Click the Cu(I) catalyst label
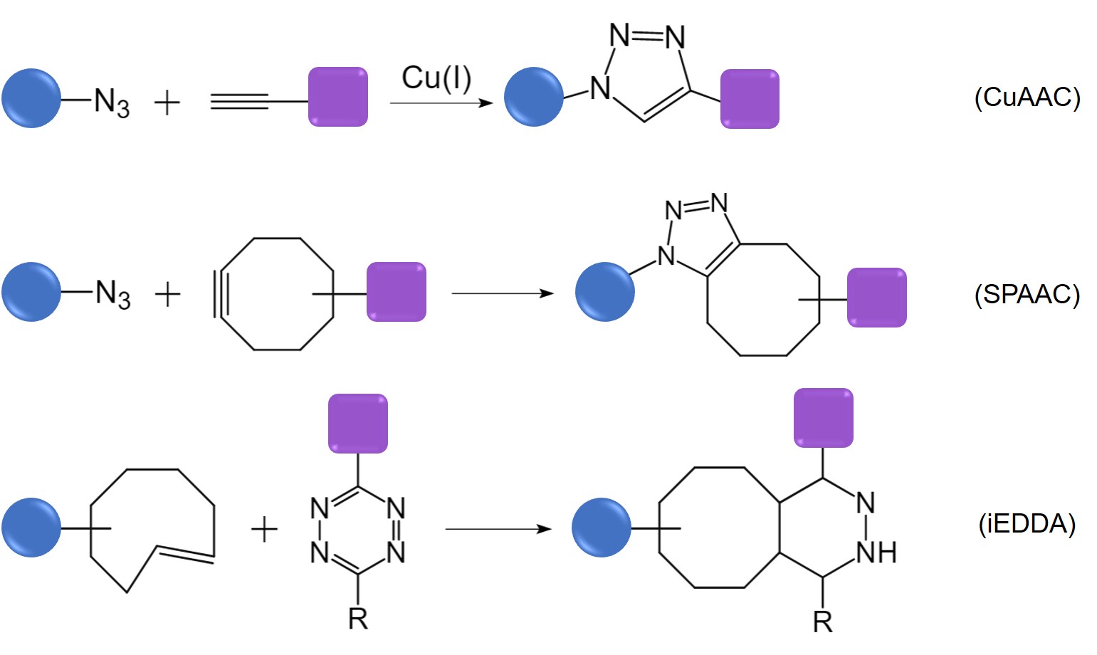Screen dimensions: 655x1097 tap(436, 78)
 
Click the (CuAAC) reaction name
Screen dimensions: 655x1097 tap(1027, 97)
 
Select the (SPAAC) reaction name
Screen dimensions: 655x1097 tap(1027, 294)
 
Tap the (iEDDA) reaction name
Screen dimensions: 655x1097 tap(1027, 524)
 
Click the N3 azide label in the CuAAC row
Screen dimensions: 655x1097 tap(112, 103)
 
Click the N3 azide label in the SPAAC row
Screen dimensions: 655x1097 tap(112, 293)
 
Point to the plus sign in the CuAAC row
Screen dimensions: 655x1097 tap(167, 103)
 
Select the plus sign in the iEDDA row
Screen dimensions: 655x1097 tap(264, 530)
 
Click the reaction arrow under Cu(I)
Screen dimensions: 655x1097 tap(441, 103)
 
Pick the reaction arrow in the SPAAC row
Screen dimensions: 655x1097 tap(502, 293)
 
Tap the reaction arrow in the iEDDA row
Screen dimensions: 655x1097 tap(498, 529)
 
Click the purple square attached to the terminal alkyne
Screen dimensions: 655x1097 tap(337, 97)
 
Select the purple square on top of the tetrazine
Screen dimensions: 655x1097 tap(357, 424)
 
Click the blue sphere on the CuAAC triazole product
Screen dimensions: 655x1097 tap(533, 97)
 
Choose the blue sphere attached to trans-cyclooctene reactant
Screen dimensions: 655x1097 tap(31, 528)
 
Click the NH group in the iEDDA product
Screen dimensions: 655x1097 tap(876, 552)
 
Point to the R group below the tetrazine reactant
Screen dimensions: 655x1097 tap(357, 619)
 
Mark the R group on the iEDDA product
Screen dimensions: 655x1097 tap(822, 622)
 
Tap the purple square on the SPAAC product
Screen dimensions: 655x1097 tap(876, 298)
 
